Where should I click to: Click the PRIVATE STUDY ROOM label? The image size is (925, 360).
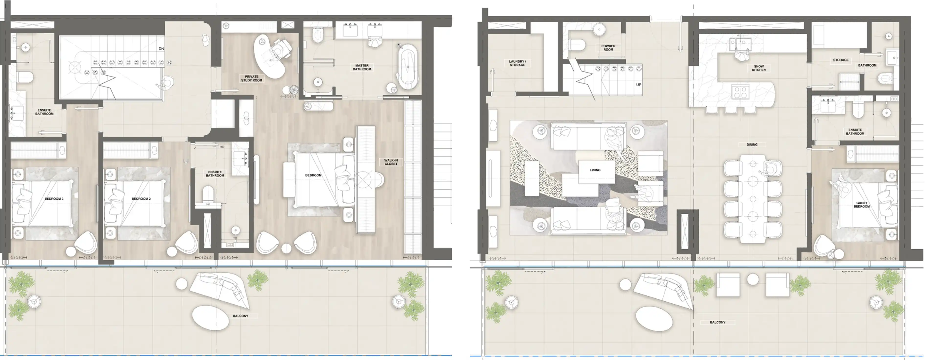[x=251, y=78]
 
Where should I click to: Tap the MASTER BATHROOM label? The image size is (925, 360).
[x=362, y=67]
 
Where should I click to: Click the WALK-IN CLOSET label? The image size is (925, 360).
[x=391, y=162]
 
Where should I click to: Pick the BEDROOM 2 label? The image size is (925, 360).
[x=141, y=198]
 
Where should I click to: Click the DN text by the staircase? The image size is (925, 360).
[x=161, y=48]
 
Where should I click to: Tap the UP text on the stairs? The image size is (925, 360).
[x=638, y=85]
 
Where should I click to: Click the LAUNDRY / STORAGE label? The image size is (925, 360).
[x=517, y=63]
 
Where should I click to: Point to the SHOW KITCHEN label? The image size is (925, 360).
[x=758, y=68]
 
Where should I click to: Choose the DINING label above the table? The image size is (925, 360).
[x=752, y=144]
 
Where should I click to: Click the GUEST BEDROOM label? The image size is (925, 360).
[x=861, y=205]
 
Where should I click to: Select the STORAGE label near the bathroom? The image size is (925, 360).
[x=841, y=60]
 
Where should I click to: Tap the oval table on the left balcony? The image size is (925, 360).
[x=210, y=317]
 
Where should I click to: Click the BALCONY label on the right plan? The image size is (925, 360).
[x=717, y=322]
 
